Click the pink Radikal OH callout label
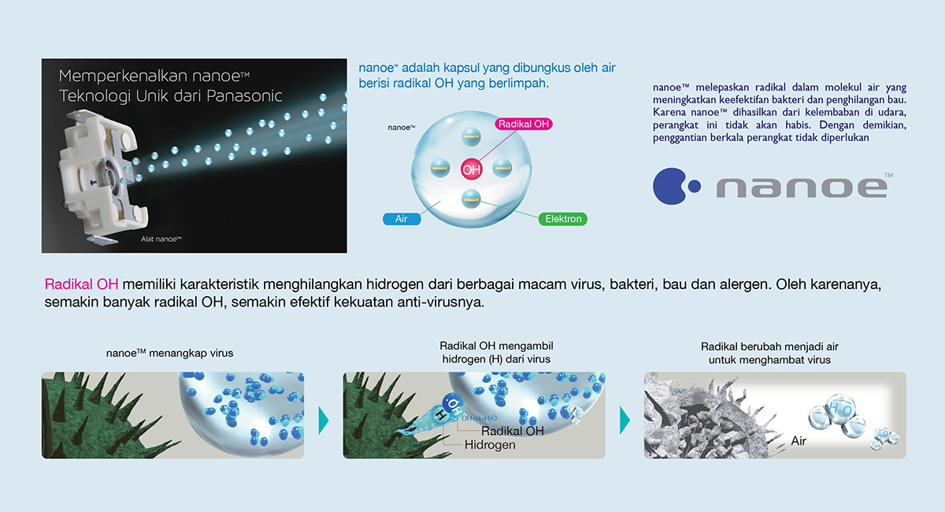[524, 124]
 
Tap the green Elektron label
[563, 219]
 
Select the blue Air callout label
[402, 219]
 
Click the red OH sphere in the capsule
[471, 169]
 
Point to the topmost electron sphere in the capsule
[471, 137]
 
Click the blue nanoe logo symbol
[676, 186]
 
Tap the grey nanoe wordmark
[802, 187]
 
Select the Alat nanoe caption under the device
[161, 239]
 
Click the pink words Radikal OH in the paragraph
[81, 284]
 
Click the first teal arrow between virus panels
[323, 421]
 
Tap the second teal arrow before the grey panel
[624, 421]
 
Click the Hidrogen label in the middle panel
[490, 445]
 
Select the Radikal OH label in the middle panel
[512, 431]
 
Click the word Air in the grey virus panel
[799, 441]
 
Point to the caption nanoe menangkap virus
[169, 353]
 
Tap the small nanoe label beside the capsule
[402, 128]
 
